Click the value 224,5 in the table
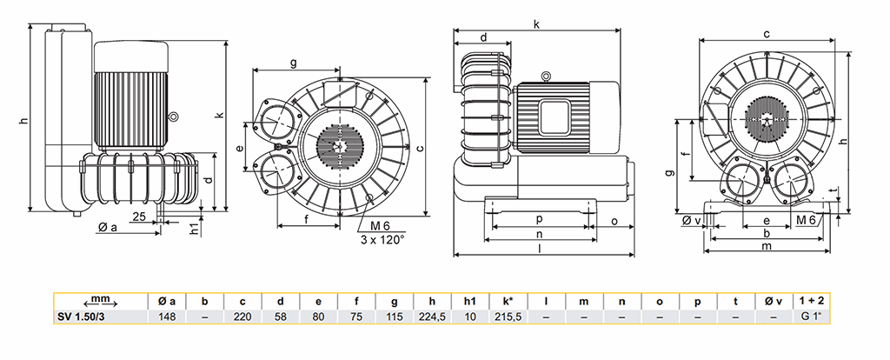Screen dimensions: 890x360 pyautogui.click(x=433, y=317)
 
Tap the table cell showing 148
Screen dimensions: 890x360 pyautogui.click(x=167, y=317)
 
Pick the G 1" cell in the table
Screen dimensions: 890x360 pyautogui.click(x=811, y=317)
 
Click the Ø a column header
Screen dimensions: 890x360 pyautogui.click(x=167, y=302)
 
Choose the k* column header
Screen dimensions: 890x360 pyautogui.click(x=508, y=302)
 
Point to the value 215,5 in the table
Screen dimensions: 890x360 pyautogui.click(x=508, y=317)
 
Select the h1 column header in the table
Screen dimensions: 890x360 pyautogui.click(x=470, y=302)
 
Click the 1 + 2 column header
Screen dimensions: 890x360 pyautogui.click(x=811, y=302)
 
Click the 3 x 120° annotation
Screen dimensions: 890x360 pyautogui.click(x=382, y=240)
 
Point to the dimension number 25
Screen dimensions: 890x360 pyautogui.click(x=138, y=216)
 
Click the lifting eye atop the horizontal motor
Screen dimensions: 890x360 pyautogui.click(x=546, y=75)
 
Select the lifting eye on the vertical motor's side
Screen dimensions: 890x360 pyautogui.click(x=174, y=117)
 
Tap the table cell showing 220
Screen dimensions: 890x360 pyautogui.click(x=243, y=317)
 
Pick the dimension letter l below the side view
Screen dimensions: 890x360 pyautogui.click(x=539, y=248)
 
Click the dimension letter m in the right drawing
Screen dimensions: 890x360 pyautogui.click(x=767, y=246)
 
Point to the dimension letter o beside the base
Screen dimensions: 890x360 pyautogui.click(x=614, y=220)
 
